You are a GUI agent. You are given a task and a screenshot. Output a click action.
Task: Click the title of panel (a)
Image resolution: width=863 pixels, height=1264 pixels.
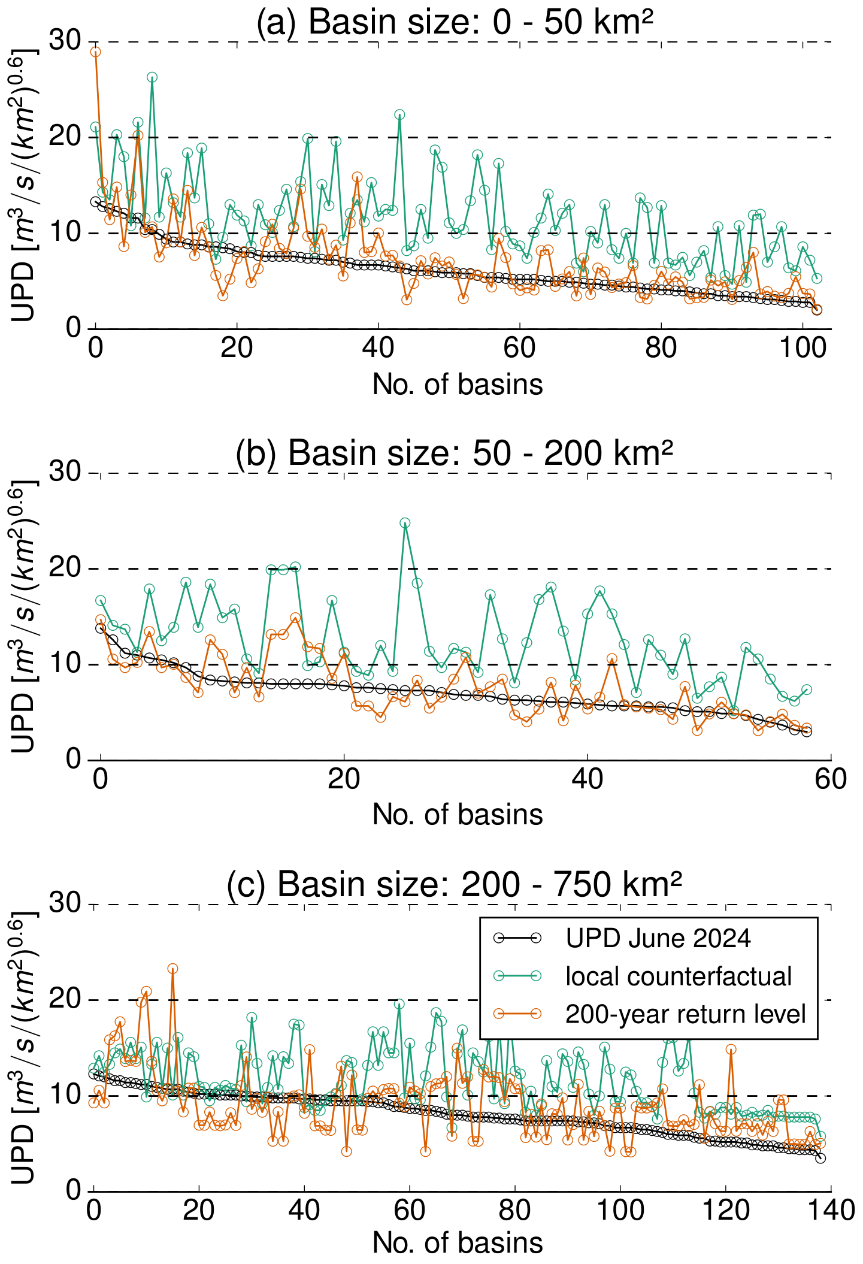(x=455, y=22)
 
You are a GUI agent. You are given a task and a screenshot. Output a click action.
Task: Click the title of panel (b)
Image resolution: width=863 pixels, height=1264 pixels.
(x=455, y=453)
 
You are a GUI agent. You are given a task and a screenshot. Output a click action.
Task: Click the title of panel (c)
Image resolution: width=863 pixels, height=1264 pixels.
(x=455, y=884)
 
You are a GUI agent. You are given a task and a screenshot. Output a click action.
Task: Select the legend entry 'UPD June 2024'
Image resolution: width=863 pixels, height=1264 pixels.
(x=658, y=938)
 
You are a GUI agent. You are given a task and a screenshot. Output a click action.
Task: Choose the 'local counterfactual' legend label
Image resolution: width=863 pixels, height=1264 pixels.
(x=679, y=976)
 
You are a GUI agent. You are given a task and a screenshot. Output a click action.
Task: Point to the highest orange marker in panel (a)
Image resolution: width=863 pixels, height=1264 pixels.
(x=96, y=52)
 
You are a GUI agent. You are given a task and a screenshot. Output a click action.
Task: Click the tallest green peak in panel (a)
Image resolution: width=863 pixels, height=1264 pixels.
(x=152, y=77)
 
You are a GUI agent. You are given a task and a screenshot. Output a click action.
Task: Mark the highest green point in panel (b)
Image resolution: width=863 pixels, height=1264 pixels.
(x=405, y=523)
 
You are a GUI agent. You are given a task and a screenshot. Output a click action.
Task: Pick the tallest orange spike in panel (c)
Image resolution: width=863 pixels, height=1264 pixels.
(x=172, y=969)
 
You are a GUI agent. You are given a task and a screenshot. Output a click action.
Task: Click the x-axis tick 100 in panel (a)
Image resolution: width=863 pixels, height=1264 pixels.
(x=802, y=349)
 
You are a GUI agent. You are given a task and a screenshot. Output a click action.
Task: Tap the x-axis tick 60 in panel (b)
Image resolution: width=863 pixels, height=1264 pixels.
(x=831, y=779)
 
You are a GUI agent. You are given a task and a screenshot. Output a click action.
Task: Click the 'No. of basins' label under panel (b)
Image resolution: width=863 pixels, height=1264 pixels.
(x=458, y=815)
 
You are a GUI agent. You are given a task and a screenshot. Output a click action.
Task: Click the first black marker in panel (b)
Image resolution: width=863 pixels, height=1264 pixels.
(x=101, y=628)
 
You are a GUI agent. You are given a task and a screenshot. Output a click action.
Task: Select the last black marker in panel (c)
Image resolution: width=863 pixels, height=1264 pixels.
(x=820, y=1158)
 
